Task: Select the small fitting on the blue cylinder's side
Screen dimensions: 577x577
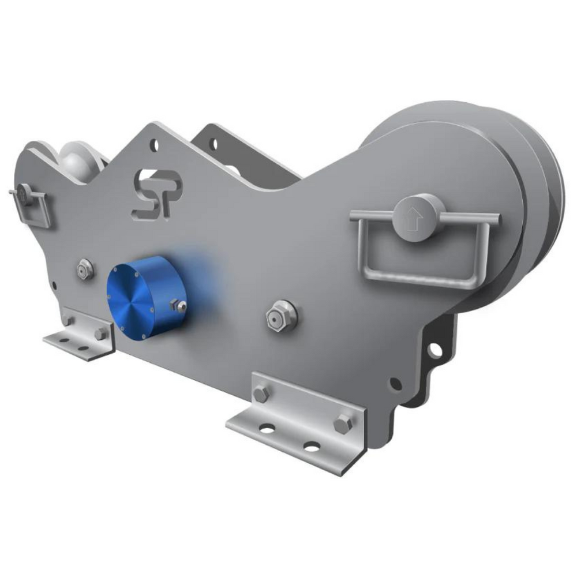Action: click(x=179, y=306)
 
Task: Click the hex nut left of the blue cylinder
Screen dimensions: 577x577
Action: click(x=85, y=269)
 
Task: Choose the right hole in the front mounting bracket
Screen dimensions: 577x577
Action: click(x=312, y=446)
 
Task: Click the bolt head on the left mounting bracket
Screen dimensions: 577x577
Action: click(x=100, y=334)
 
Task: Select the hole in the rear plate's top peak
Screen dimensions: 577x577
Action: click(x=213, y=143)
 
